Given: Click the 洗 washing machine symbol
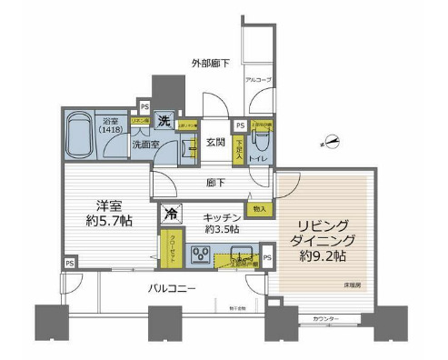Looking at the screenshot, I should (x=164, y=120).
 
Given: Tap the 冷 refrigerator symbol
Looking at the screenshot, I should (x=172, y=215).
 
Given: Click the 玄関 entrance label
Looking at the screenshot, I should (x=214, y=142).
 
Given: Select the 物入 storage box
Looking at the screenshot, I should (x=260, y=209).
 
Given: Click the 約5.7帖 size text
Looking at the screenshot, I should (x=105, y=222).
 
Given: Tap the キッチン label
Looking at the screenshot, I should (x=220, y=217).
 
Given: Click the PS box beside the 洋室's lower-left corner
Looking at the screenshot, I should (x=69, y=264).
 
